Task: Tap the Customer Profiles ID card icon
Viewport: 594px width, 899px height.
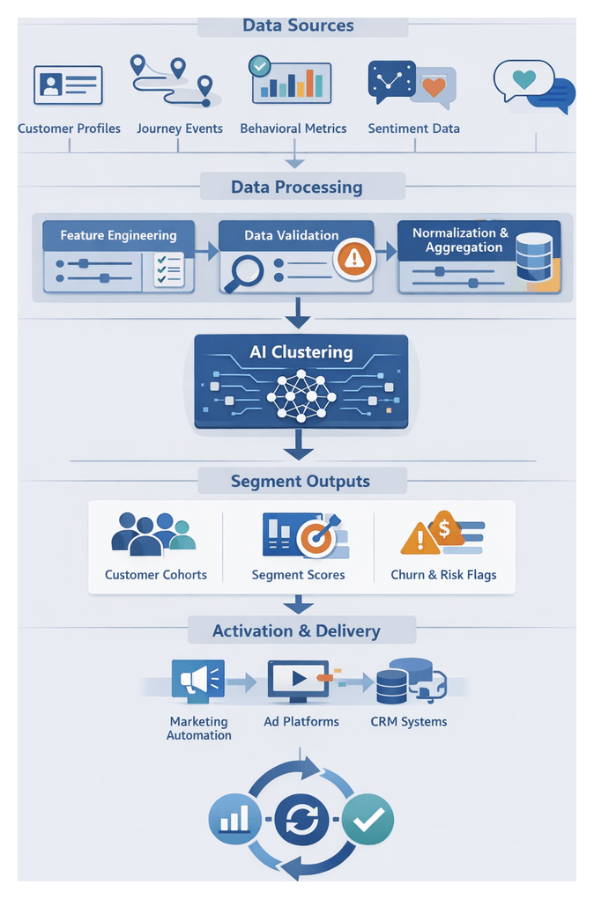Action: (x=69, y=85)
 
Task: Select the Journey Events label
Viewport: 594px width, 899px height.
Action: (x=178, y=129)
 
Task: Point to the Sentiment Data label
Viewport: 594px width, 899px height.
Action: (x=413, y=129)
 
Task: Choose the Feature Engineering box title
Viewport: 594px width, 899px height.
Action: (x=118, y=235)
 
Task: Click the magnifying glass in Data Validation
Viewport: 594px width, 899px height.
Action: (x=243, y=271)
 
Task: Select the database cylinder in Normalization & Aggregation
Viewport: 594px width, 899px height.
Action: (x=533, y=257)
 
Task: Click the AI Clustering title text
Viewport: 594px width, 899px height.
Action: (x=301, y=352)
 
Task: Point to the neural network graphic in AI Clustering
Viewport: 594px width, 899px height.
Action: (x=301, y=396)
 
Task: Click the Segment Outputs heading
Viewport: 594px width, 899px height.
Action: (x=301, y=481)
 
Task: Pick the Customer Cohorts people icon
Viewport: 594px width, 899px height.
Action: (x=153, y=534)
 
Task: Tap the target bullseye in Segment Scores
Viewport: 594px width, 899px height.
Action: (x=316, y=537)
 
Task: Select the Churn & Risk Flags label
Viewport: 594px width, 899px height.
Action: (x=443, y=575)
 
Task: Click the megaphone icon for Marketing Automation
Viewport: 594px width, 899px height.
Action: (x=197, y=681)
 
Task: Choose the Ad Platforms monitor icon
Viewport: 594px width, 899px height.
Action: (x=297, y=681)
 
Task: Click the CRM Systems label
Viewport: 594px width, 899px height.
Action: (x=409, y=722)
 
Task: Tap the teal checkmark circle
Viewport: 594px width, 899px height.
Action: (x=368, y=820)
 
